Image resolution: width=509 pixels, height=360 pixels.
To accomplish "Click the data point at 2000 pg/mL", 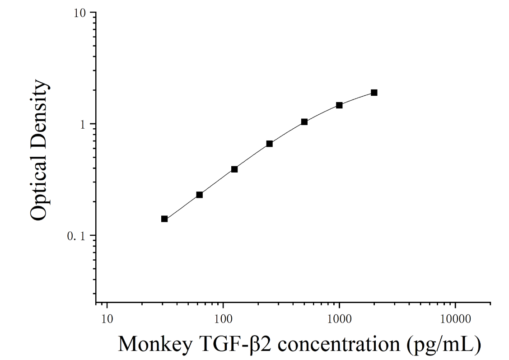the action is [x=374, y=93].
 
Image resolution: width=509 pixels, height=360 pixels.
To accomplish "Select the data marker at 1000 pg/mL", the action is [x=339, y=105].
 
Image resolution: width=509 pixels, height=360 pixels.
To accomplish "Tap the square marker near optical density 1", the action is [x=304, y=122].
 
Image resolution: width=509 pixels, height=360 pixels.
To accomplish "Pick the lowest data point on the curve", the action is [x=164, y=219].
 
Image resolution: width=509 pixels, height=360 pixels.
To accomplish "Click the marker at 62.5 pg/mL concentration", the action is [x=200, y=195].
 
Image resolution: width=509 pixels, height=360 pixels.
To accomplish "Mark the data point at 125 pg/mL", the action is [x=234, y=169].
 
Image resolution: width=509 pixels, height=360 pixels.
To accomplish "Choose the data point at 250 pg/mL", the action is [x=270, y=144].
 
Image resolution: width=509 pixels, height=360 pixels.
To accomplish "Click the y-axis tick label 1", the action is [x=82, y=125].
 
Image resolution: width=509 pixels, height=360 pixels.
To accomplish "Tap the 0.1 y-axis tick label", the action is [x=76, y=236].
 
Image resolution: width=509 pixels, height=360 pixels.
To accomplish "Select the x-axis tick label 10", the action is [x=107, y=319].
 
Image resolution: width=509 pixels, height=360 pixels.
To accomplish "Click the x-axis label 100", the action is [x=223, y=319].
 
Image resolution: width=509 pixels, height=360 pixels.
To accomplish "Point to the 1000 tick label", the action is [x=339, y=319].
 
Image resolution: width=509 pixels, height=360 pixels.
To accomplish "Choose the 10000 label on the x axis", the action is [x=455, y=319].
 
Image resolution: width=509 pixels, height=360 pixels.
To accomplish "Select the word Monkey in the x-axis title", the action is [x=155, y=345].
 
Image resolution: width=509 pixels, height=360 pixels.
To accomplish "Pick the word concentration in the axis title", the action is [x=339, y=344].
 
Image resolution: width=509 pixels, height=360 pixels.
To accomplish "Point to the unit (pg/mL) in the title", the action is [x=444, y=345].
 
